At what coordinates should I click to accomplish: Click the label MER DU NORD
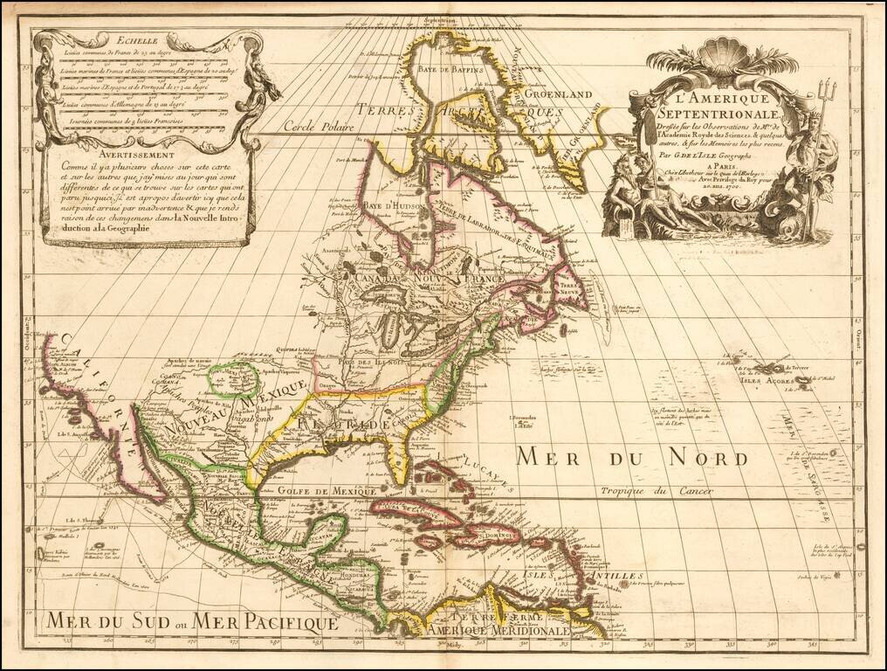tap(630, 458)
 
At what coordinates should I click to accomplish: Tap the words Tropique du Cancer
tap(656, 492)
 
